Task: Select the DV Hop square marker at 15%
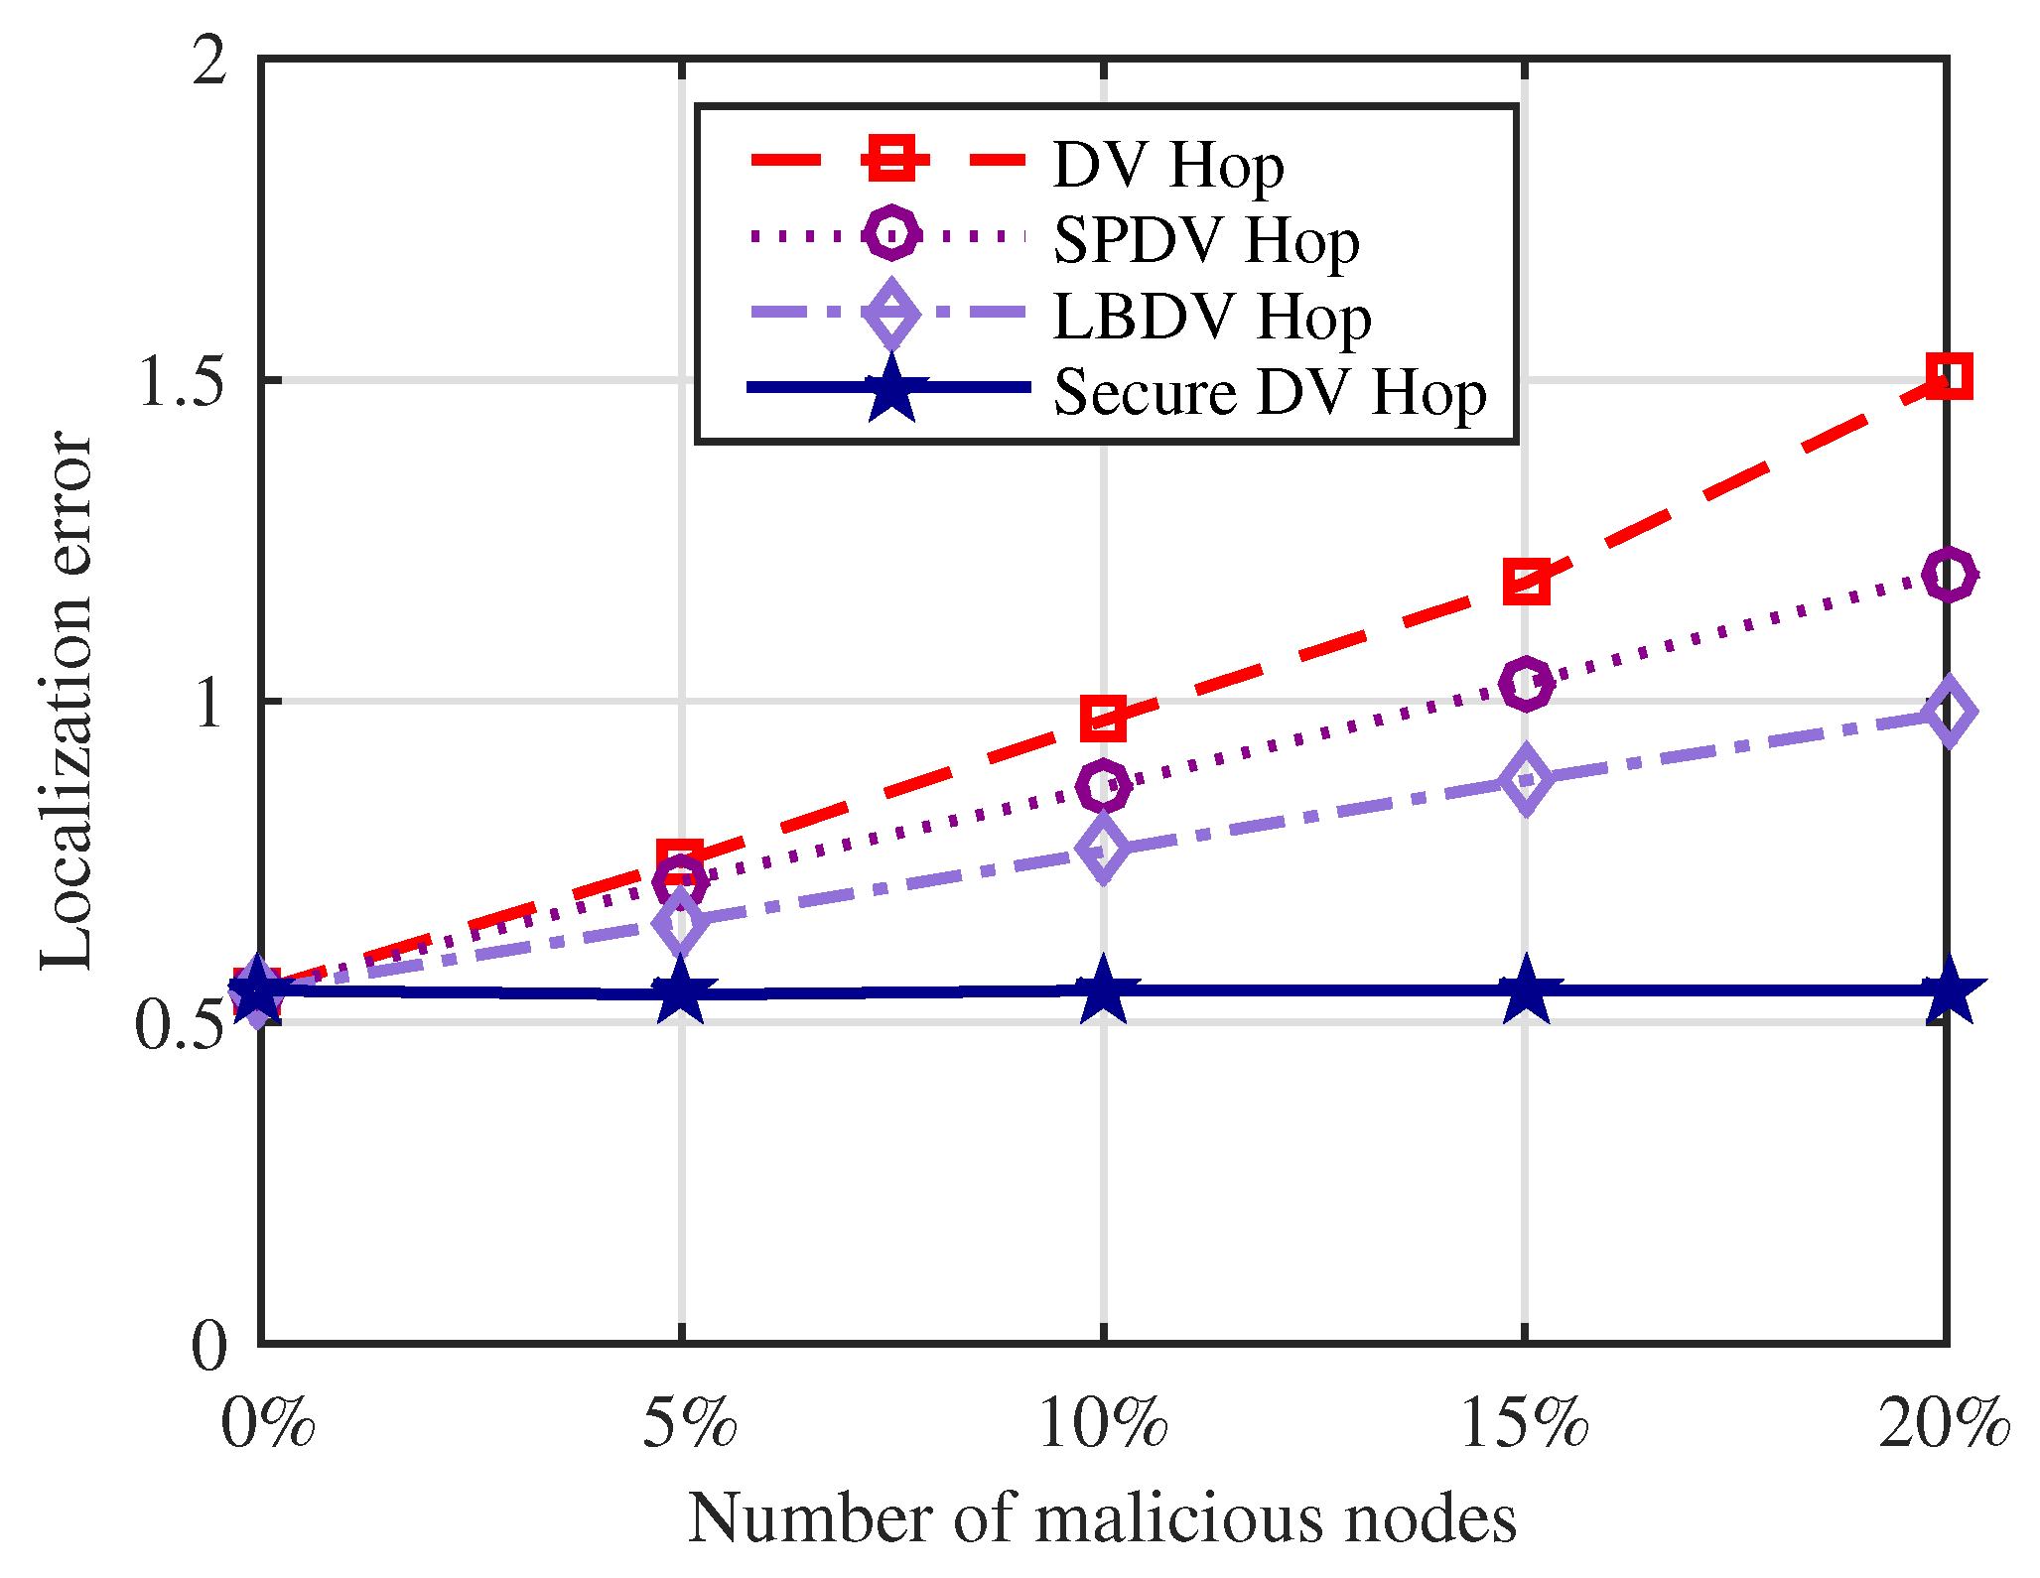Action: [1525, 581]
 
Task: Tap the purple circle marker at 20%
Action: [1947, 574]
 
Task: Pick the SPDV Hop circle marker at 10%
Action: [1103, 786]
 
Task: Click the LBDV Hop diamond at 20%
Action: [1947, 712]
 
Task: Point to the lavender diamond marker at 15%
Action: [1525, 780]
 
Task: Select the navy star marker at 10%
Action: [1103, 990]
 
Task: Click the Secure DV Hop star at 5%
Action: [681, 992]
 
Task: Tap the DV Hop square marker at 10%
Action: [1103, 719]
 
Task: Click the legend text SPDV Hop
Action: [1205, 240]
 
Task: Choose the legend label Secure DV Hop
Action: [1269, 392]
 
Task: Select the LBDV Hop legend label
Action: [1211, 317]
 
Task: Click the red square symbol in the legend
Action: [890, 159]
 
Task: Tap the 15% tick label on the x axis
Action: [1525, 1425]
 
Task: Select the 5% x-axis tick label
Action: [688, 1425]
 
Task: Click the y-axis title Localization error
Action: [66, 700]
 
